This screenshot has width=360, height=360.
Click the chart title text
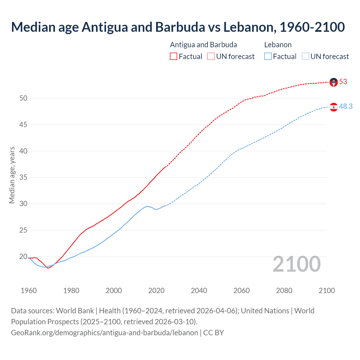tap(178, 27)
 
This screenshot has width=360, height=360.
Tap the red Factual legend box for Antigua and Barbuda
tap(174, 57)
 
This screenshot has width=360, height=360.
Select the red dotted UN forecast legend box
tap(211, 57)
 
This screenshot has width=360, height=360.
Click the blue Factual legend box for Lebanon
tap(268, 57)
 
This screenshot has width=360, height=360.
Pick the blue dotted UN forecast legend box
tap(305, 57)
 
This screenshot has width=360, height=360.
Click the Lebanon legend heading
tap(278, 45)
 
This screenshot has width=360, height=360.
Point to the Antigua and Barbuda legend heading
tap(203, 45)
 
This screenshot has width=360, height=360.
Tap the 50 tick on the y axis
tap(23, 98)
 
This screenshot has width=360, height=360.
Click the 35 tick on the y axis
tap(23, 177)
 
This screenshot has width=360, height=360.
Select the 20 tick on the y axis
tap(23, 256)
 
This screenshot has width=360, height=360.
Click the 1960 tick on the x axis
tap(29, 291)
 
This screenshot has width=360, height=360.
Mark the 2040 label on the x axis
tap(199, 291)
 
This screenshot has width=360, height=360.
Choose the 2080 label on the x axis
tap(284, 291)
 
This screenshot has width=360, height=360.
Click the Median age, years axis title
tap(12, 175)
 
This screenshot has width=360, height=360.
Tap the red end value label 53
tap(343, 82)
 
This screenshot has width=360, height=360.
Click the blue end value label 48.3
tap(346, 106)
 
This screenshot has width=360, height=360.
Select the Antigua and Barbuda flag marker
tap(334, 82)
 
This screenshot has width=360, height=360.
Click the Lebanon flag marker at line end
tap(334, 107)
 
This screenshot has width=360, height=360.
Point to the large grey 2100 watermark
tap(297, 264)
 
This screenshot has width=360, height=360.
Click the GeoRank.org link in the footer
tap(104, 333)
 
